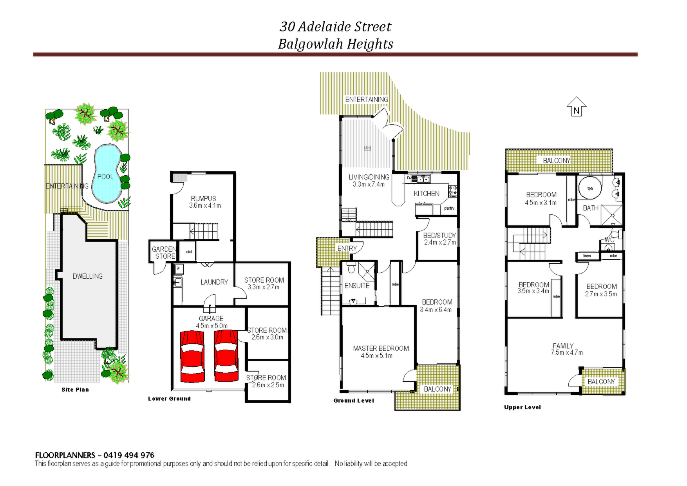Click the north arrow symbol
pyautogui.click(x=577, y=107)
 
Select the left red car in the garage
pyautogui.click(x=192, y=356)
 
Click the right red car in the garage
pyautogui.click(x=226, y=355)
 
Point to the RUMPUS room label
pyautogui.click(x=204, y=199)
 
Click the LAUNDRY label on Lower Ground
pyautogui.click(x=214, y=282)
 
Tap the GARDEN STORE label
pyautogui.click(x=165, y=253)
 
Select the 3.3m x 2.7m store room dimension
pyautogui.click(x=264, y=287)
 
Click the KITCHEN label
pyautogui.click(x=427, y=194)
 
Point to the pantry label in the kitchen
pyautogui.click(x=449, y=208)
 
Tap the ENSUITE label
pyautogui.click(x=357, y=286)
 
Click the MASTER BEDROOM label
pyautogui.click(x=381, y=348)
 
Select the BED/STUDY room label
pyautogui.click(x=439, y=236)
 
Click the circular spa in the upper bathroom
pyautogui.click(x=590, y=189)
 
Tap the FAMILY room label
pyautogui.click(x=563, y=346)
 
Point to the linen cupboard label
pyautogui.click(x=587, y=256)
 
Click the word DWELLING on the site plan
pyautogui.click(x=88, y=276)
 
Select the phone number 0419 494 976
pyautogui.click(x=129, y=455)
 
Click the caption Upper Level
pyautogui.click(x=522, y=407)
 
